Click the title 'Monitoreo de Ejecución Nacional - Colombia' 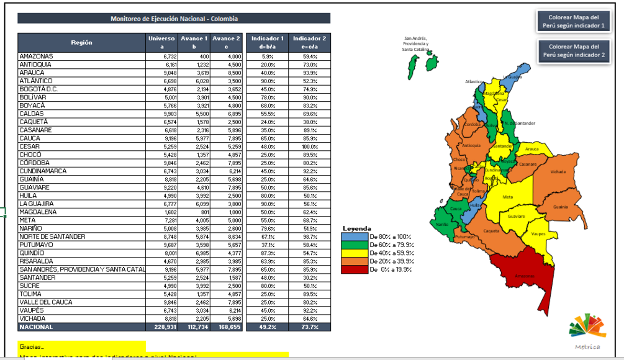pos(174,19)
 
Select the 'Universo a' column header pos(161,42)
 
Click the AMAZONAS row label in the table pos(37,56)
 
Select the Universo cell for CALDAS pos(161,114)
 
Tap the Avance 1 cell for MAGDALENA pos(193,212)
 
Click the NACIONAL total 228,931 pos(161,327)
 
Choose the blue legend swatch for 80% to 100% pos(353,237)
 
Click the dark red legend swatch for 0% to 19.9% pos(353,269)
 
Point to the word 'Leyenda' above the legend pos(357,228)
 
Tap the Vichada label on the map pos(558,172)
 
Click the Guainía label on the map pos(560,207)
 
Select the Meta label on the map pos(507,197)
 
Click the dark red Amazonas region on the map pos(522,273)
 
